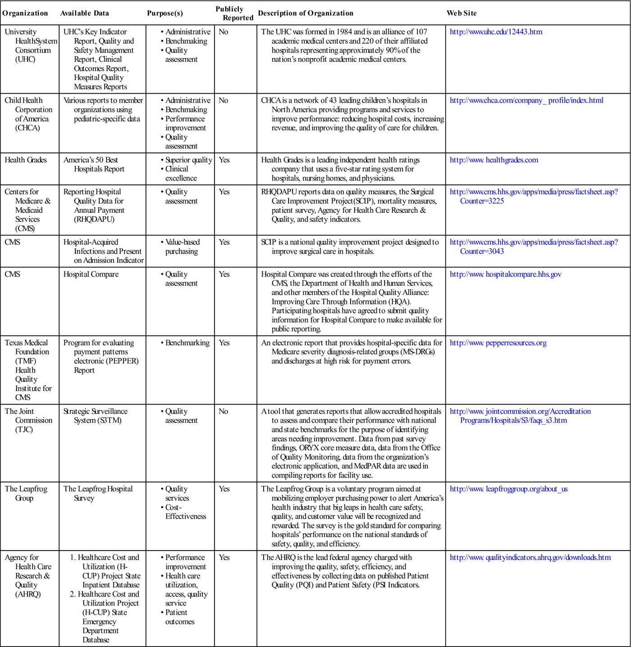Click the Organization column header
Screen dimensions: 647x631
pyautogui.click(x=25, y=13)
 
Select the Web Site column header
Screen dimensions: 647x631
pyautogui.click(x=462, y=13)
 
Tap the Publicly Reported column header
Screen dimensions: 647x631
pyautogui.click(x=234, y=14)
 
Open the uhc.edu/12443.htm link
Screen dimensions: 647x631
pyautogui.click(x=496, y=32)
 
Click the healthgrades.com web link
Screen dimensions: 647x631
pyautogui.click(x=494, y=160)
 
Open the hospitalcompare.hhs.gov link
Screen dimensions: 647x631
pyautogui.click(x=506, y=274)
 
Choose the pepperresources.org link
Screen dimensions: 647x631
pyautogui.click(x=498, y=343)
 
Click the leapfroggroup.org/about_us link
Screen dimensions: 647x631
pyautogui.click(x=509, y=489)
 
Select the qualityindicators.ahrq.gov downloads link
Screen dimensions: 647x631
pyautogui.click(x=530, y=557)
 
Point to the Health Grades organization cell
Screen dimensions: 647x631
pyautogui.click(x=26, y=160)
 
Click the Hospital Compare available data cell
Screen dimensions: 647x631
pyautogui.click(x=91, y=274)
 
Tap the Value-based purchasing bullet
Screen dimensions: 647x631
pyautogui.click(x=182, y=247)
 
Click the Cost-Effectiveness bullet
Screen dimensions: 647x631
pyautogui.click(x=185, y=512)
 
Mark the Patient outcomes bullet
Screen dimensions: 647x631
pyautogui.click(x=180, y=617)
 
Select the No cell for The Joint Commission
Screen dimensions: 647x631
pyautogui.click(x=224, y=411)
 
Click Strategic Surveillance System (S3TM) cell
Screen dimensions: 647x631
pyautogui.click(x=96, y=416)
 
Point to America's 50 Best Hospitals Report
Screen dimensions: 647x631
pyautogui.click(x=94, y=165)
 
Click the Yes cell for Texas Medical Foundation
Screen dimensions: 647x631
pyautogui.click(x=224, y=343)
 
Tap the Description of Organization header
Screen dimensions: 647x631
pyautogui.click(x=306, y=13)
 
